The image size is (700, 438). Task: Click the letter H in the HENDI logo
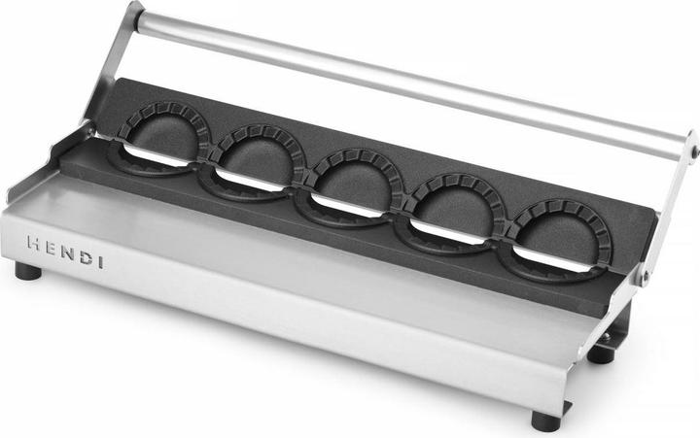coord(34,243)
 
